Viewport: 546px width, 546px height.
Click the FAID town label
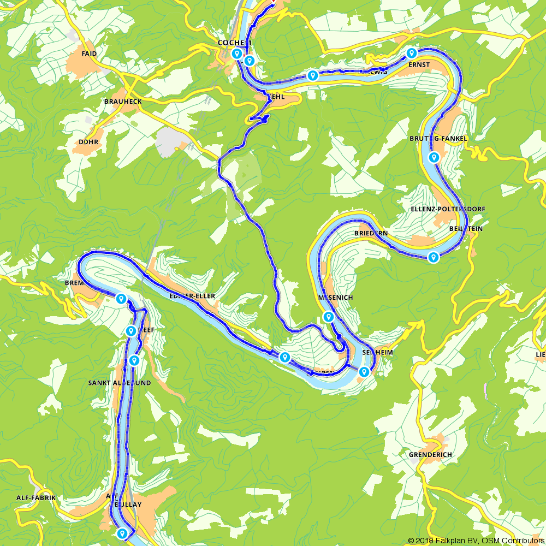(x=89, y=54)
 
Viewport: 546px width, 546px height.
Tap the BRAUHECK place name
(x=123, y=102)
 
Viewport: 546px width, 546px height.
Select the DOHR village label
(x=88, y=141)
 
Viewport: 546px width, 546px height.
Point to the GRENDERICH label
(x=430, y=454)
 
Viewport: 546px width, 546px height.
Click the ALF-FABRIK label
(x=36, y=498)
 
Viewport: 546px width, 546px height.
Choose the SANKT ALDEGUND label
(x=120, y=383)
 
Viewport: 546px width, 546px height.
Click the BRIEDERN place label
(x=371, y=233)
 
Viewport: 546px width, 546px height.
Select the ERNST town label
(x=419, y=64)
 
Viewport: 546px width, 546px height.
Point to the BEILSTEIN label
(x=466, y=229)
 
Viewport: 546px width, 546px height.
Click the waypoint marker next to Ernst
(x=412, y=53)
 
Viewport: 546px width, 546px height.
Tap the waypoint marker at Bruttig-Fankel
(x=434, y=157)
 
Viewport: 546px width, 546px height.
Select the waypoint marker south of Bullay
(x=122, y=533)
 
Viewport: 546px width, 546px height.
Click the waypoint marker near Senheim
(x=364, y=372)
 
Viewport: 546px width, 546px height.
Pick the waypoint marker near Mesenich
(x=329, y=317)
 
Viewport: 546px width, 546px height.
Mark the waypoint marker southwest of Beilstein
(x=433, y=256)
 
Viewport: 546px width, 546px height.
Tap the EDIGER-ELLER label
(x=192, y=296)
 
